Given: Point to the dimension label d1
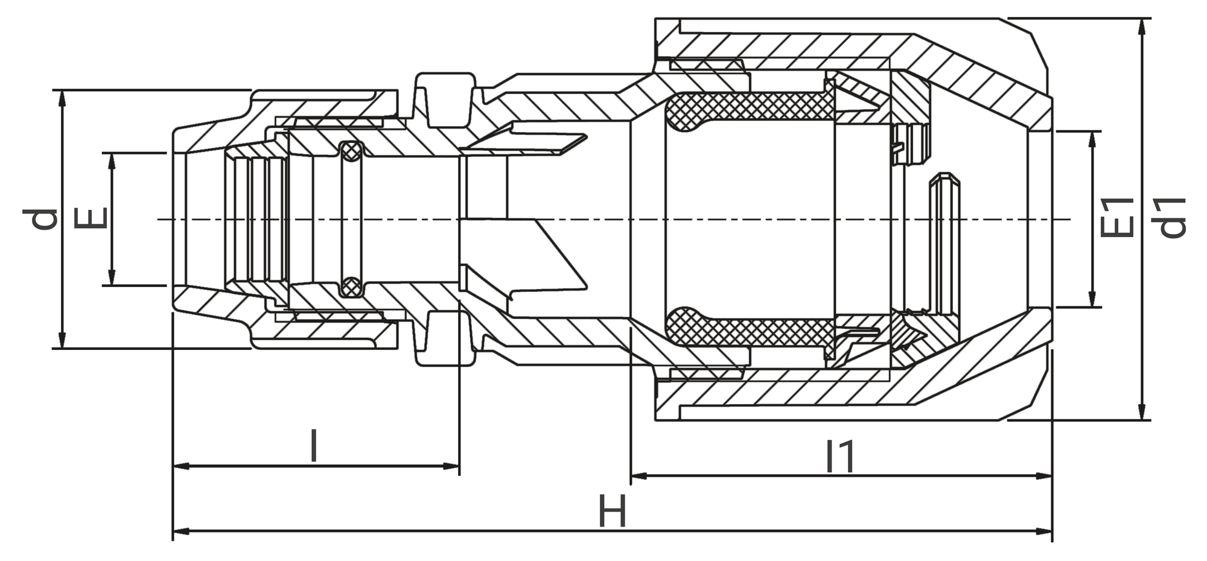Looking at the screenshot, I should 1172,218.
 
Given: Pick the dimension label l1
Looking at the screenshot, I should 840,457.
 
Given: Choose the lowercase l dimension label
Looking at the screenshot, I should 313,446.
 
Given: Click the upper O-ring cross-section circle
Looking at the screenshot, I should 351,151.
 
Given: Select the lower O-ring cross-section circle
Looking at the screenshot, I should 351,287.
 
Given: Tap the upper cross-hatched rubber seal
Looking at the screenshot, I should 748,107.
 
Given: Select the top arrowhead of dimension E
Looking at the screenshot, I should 111,160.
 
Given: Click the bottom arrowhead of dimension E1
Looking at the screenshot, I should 1092,300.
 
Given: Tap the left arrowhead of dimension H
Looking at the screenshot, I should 180,531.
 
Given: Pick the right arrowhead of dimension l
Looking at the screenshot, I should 452,466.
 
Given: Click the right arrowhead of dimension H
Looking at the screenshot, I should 1045,531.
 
